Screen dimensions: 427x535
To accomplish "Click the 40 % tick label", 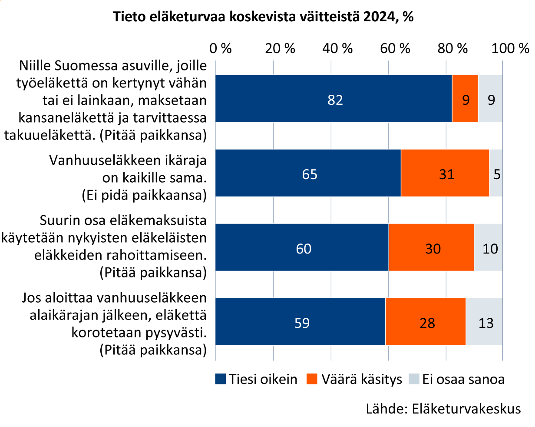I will [x=338, y=48].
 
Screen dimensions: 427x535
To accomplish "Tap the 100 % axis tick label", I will [x=510, y=48].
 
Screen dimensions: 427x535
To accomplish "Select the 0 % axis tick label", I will [x=221, y=48].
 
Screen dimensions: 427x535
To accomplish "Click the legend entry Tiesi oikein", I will [x=257, y=379].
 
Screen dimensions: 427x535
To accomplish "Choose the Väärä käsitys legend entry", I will [x=355, y=379].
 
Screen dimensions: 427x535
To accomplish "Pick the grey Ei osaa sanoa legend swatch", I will [x=415, y=379].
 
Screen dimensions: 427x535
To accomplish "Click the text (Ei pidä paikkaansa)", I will [x=144, y=195].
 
